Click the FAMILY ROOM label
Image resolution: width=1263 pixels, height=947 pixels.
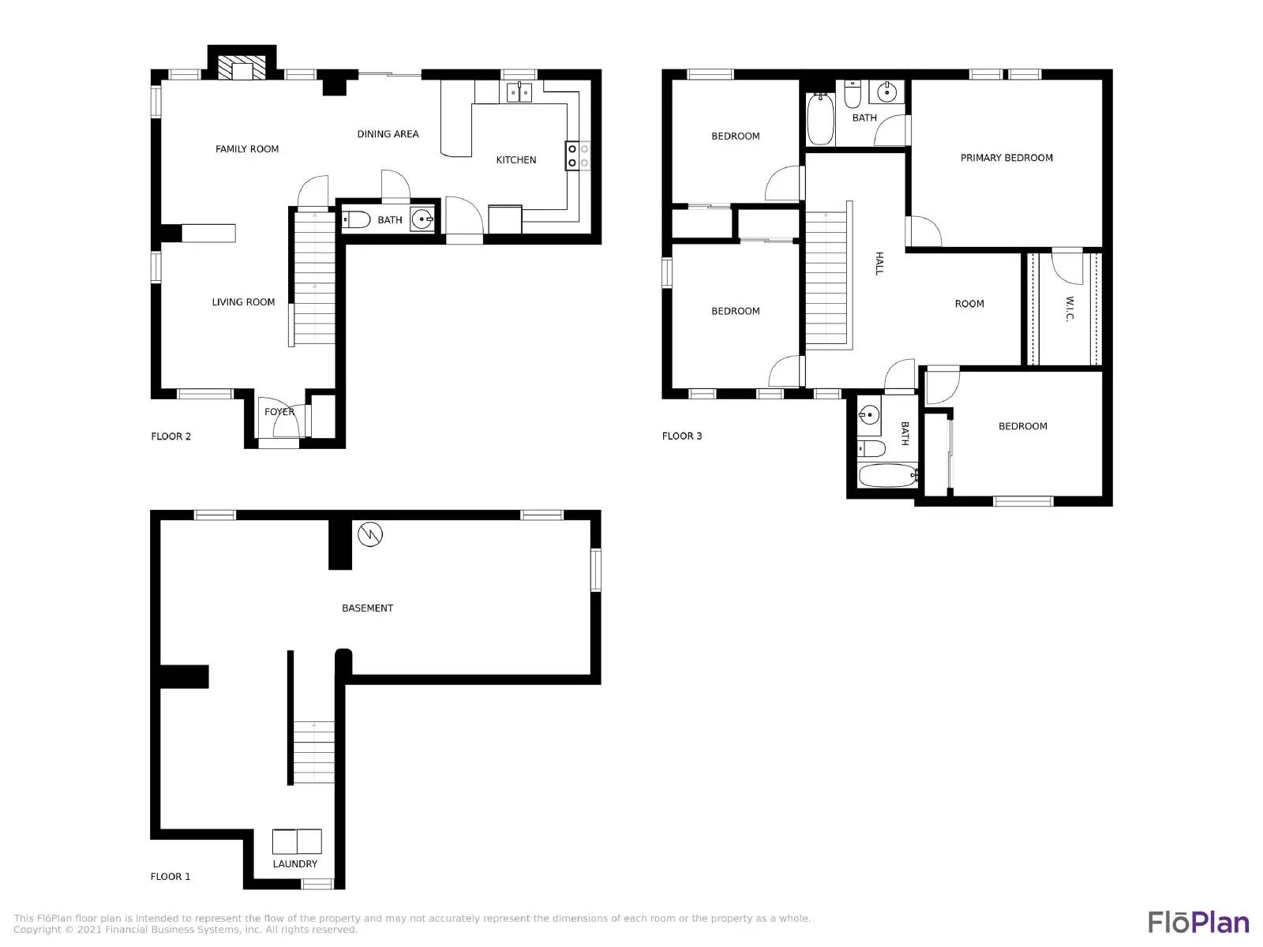click(247, 149)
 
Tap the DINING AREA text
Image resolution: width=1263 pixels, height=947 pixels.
click(388, 134)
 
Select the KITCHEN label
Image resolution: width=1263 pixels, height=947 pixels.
click(515, 160)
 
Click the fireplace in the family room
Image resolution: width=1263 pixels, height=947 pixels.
click(242, 68)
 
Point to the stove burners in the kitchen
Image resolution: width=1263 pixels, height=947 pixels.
click(578, 156)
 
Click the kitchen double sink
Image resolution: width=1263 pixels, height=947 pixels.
click(519, 93)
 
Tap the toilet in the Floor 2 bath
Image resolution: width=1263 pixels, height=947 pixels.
click(356, 219)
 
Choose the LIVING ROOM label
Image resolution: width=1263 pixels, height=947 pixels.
click(243, 302)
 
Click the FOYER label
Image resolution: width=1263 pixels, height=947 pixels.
click(279, 412)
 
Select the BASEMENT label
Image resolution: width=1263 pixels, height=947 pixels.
click(367, 608)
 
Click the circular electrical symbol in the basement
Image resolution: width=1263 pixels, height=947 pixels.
click(370, 534)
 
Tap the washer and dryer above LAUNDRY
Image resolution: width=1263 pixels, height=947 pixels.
click(297, 842)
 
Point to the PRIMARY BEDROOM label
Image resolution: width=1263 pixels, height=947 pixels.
click(1006, 158)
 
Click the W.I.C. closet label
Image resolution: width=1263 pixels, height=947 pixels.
click(1070, 309)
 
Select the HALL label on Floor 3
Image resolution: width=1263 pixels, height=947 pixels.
click(879, 264)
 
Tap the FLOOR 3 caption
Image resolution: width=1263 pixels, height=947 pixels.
click(682, 436)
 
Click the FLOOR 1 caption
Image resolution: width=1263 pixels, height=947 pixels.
click(171, 877)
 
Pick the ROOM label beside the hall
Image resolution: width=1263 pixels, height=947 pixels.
click(969, 304)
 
